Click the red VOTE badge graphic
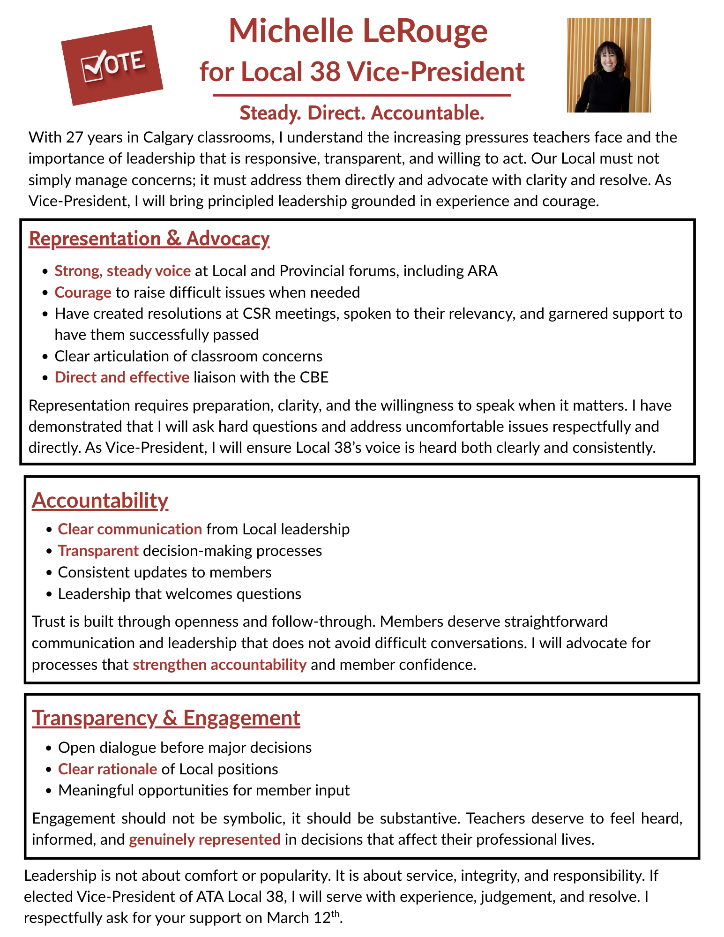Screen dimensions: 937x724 (x=112, y=65)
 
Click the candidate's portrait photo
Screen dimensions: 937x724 (x=609, y=65)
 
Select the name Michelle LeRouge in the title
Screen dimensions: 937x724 (x=358, y=31)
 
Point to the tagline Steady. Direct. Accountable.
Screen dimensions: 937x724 (x=361, y=113)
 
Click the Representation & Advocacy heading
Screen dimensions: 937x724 (x=149, y=239)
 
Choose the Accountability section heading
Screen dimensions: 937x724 (x=100, y=500)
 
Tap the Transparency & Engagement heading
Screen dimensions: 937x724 (x=166, y=718)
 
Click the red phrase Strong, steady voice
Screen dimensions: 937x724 (x=122, y=271)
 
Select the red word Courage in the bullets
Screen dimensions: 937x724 (x=83, y=292)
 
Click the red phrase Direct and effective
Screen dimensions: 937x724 (x=122, y=377)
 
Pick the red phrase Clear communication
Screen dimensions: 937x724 (x=130, y=529)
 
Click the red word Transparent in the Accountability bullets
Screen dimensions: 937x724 (x=98, y=551)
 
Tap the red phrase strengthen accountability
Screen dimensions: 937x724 (x=219, y=665)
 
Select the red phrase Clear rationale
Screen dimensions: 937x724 (x=107, y=769)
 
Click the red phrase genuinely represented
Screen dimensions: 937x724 (x=205, y=839)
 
